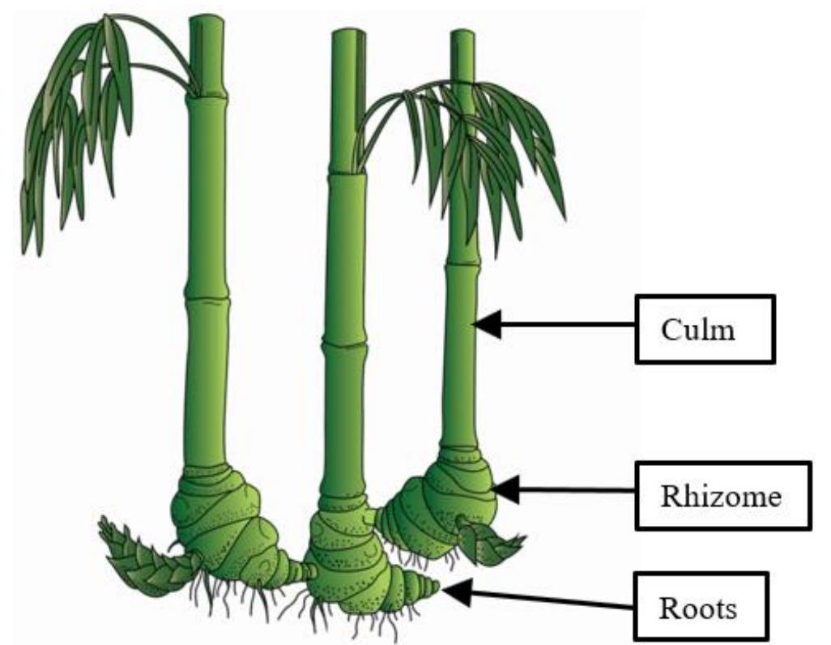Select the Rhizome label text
[721, 495]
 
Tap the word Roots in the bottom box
[698, 607]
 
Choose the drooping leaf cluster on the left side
[73, 130]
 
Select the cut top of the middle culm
[348, 32]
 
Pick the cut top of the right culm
[462, 33]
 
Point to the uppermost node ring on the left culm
[207, 97]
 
